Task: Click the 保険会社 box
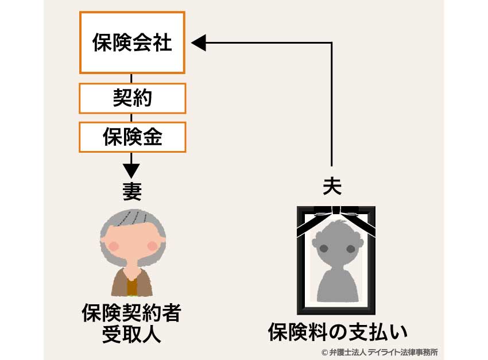tap(133, 42)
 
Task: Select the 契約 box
tap(133, 99)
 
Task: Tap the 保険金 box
tap(133, 137)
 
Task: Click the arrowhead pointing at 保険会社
tap(199, 42)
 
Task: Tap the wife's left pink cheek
tap(115, 246)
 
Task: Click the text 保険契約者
tap(131, 314)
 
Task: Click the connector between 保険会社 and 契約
tap(132, 79)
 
